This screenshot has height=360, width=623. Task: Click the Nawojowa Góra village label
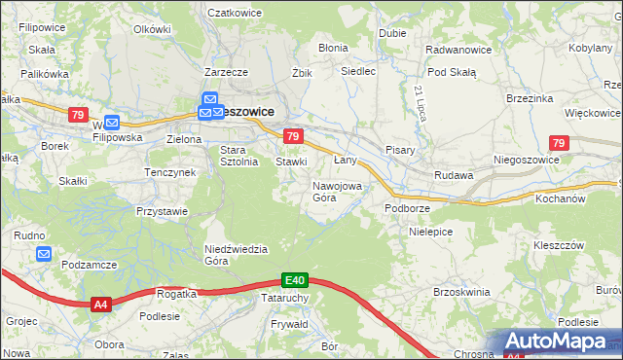pyautogui.click(x=338, y=191)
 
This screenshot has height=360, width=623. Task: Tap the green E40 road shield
pyautogui.click(x=296, y=279)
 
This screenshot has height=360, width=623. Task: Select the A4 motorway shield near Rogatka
pyautogui.click(x=100, y=305)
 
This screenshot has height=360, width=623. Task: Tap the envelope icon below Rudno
pyautogui.click(x=44, y=254)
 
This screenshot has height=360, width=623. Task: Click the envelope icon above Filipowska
pyautogui.click(x=112, y=123)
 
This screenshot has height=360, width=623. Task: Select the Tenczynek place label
pyautogui.click(x=170, y=172)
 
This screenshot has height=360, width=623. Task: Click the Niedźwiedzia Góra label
pyautogui.click(x=235, y=254)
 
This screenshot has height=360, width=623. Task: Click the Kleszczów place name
pyautogui.click(x=559, y=245)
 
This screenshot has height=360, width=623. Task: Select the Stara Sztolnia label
pyautogui.click(x=239, y=156)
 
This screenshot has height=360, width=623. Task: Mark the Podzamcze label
pyautogui.click(x=89, y=265)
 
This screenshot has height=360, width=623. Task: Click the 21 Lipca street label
pyautogui.click(x=420, y=103)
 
